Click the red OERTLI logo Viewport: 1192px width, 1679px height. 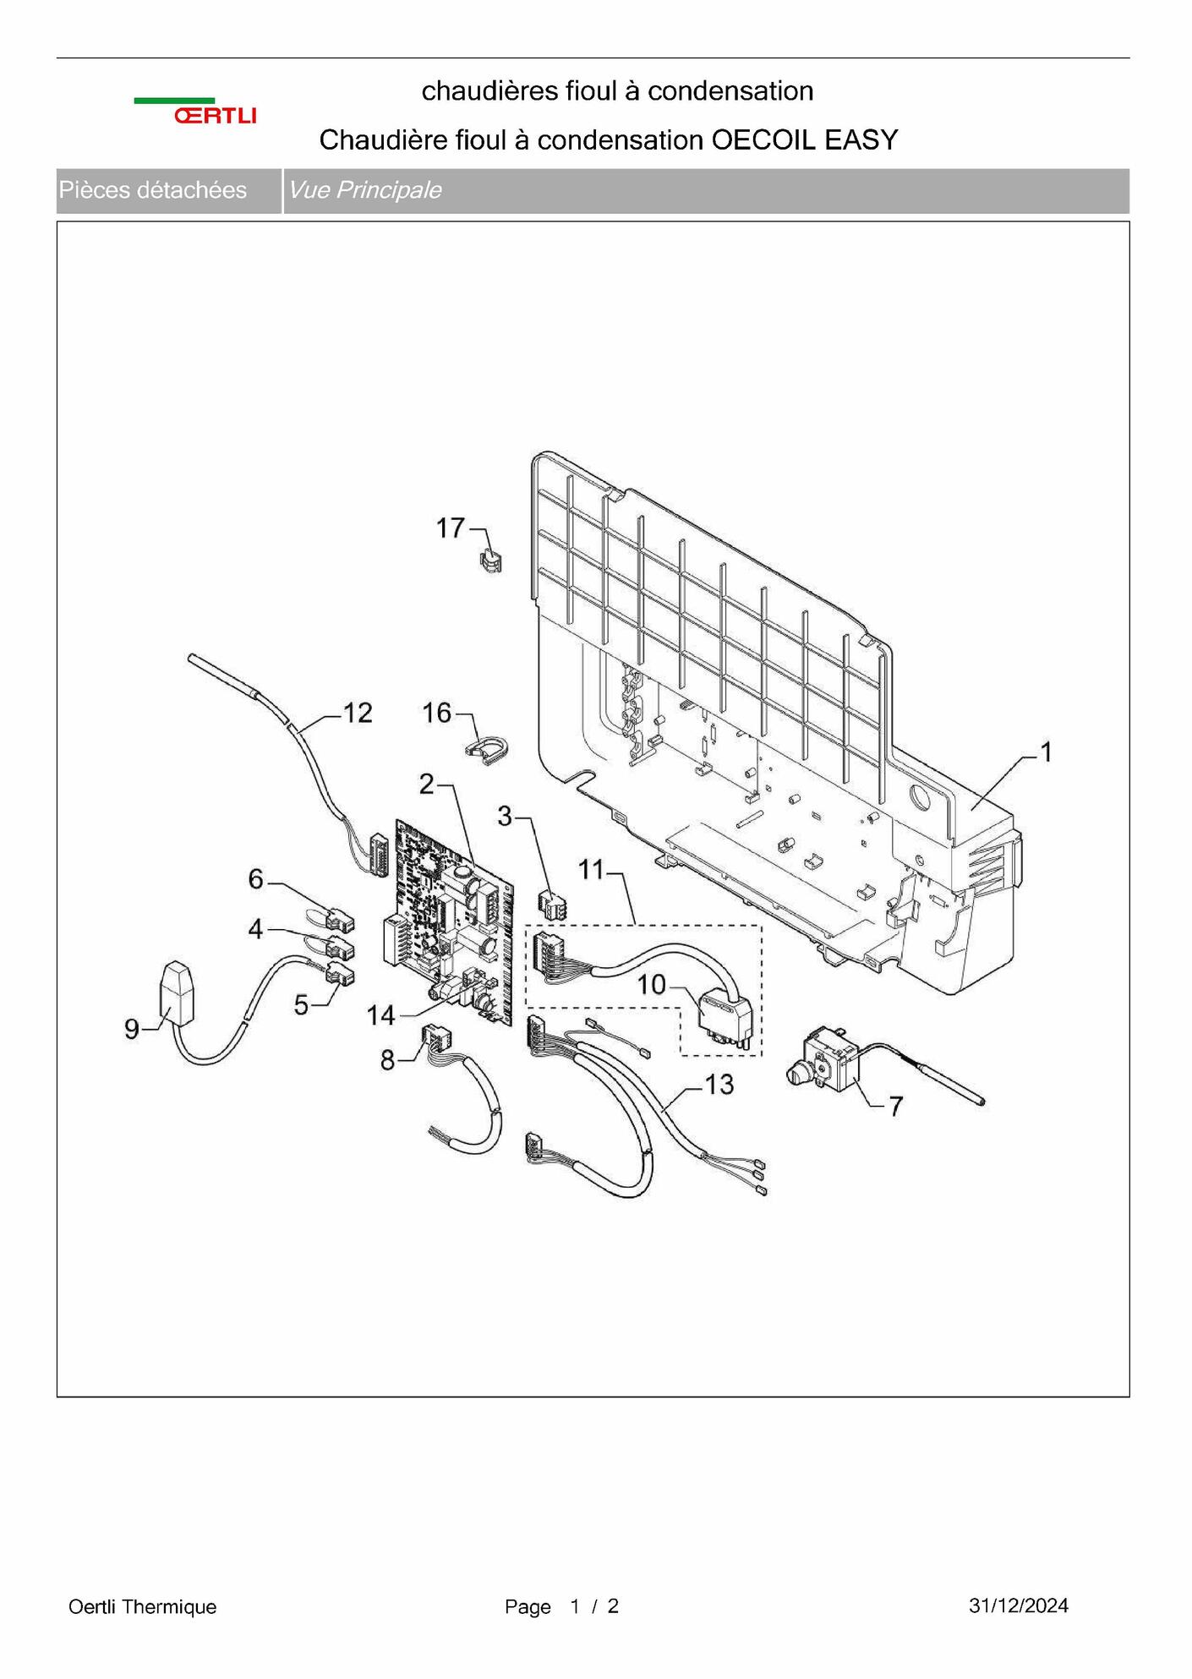tap(215, 116)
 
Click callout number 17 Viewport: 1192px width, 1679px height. tap(451, 528)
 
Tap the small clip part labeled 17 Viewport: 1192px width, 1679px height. tap(490, 559)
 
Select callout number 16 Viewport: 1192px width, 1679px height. tap(437, 713)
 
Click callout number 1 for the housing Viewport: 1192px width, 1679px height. tap(1046, 752)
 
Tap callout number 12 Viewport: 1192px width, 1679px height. tap(357, 713)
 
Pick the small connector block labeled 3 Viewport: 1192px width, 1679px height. tap(552, 905)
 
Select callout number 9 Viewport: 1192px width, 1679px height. tap(132, 1029)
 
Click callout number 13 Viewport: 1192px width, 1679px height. tap(719, 1085)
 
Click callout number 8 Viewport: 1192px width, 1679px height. tap(387, 1060)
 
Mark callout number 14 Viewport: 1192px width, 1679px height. tap(380, 1015)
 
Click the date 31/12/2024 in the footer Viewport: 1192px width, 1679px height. tap(1019, 1605)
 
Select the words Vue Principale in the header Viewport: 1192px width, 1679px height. tap(364, 190)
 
